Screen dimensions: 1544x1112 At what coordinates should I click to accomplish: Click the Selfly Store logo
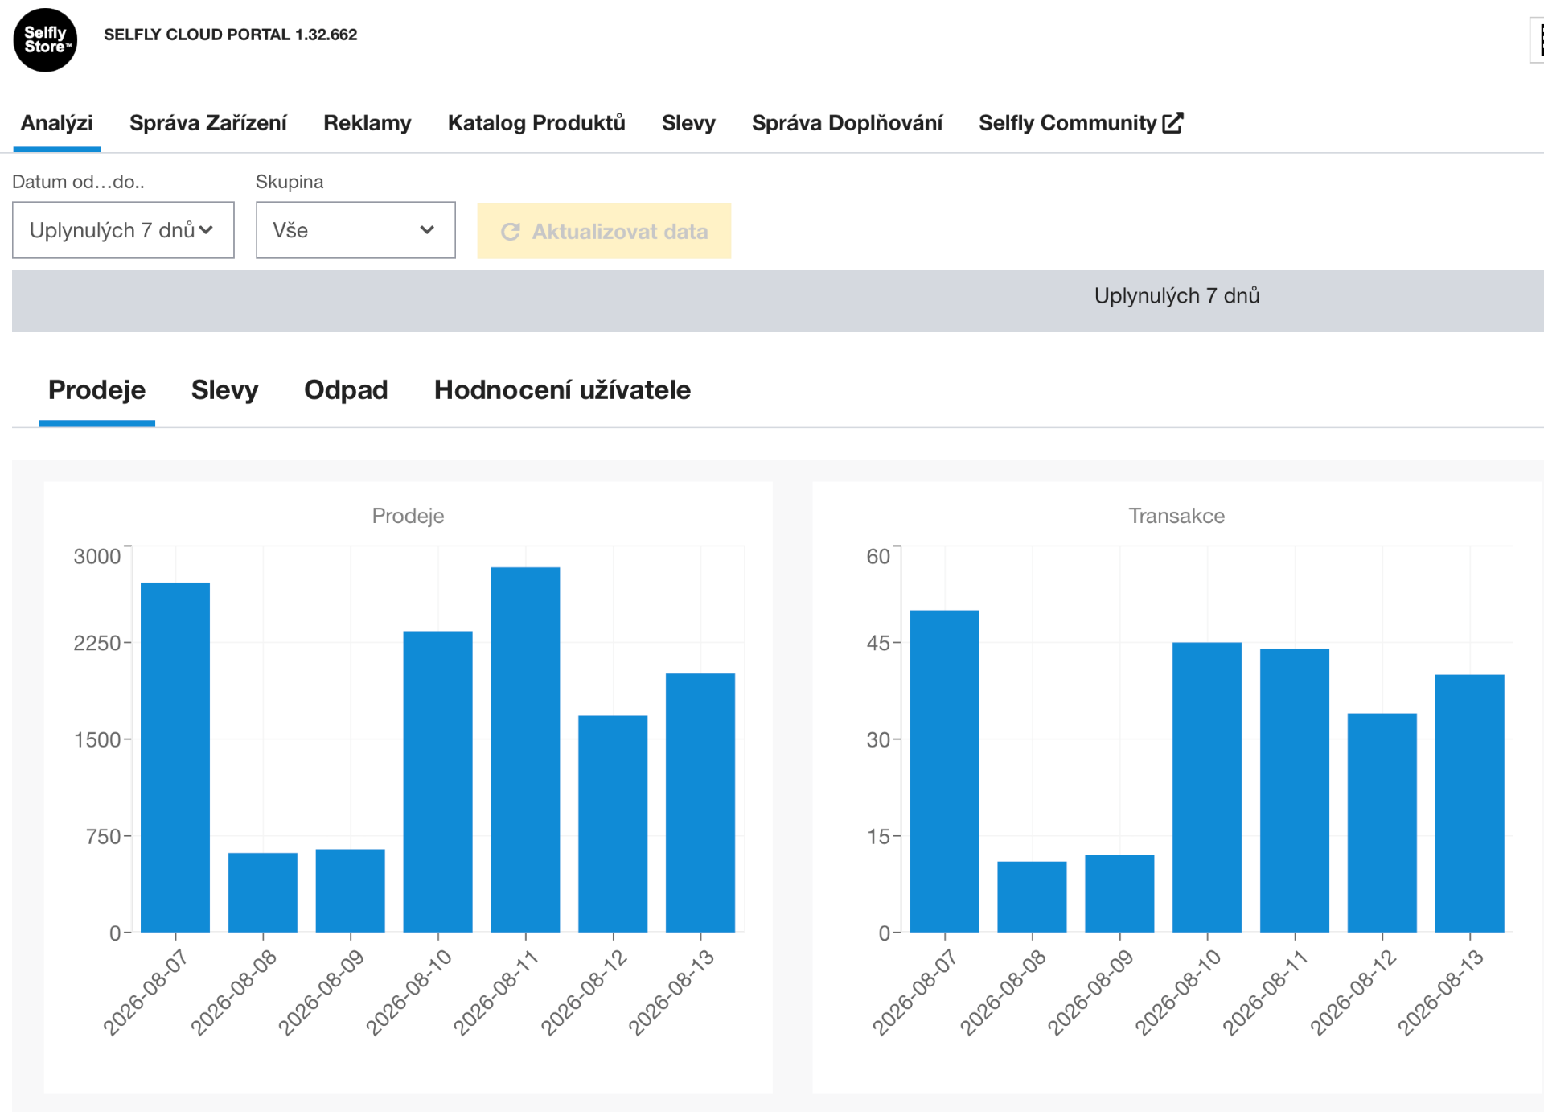(45, 40)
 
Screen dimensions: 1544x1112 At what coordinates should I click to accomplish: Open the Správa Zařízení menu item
(207, 123)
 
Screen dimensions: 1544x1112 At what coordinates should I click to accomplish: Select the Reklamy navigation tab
(367, 123)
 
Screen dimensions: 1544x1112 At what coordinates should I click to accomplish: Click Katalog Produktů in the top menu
(536, 123)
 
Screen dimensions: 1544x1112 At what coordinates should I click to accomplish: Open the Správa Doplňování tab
(847, 123)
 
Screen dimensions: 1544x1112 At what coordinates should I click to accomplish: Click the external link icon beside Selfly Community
(1172, 122)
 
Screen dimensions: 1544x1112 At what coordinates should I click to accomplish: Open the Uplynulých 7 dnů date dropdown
(123, 230)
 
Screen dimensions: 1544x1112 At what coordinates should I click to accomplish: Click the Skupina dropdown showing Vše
(355, 230)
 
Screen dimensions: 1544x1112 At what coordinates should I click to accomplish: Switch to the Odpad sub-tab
(346, 390)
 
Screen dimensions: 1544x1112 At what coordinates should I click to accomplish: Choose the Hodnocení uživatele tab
(562, 390)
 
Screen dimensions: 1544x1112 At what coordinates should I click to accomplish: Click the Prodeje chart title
(408, 516)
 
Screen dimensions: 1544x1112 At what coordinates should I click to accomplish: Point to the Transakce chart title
(1176, 516)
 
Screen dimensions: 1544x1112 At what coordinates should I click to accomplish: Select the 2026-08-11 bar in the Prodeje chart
(525, 750)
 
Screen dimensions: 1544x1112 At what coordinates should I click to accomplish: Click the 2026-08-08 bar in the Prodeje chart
(263, 892)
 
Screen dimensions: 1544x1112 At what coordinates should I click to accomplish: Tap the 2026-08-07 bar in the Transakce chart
(944, 772)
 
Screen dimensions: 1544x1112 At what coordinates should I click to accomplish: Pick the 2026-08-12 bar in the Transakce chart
(1382, 823)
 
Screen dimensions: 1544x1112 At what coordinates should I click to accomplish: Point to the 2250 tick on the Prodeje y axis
(97, 643)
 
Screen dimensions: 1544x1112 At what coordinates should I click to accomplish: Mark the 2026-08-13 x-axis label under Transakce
(1439, 992)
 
